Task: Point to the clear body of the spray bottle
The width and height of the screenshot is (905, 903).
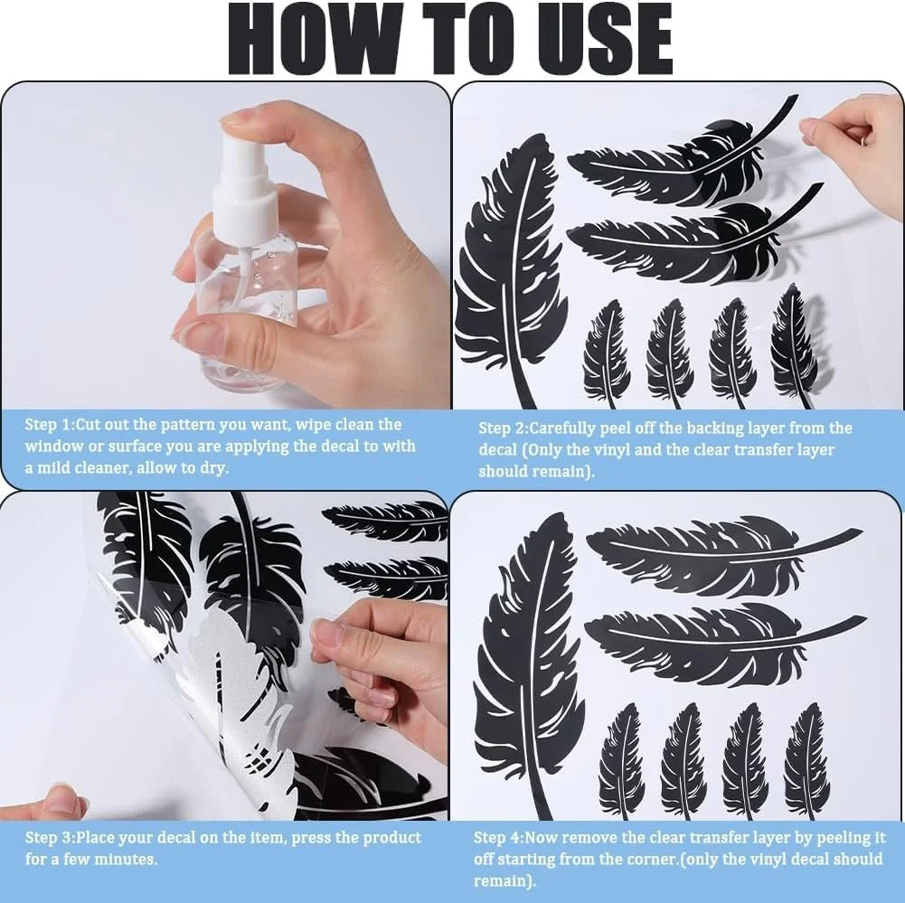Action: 249,312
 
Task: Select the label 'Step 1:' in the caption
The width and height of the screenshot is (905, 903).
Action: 50,425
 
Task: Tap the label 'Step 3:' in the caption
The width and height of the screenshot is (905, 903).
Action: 50,838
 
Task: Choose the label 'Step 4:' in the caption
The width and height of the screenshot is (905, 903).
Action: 499,838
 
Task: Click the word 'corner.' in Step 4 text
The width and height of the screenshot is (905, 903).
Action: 650,859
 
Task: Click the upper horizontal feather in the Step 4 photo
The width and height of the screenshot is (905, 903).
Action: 716,555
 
